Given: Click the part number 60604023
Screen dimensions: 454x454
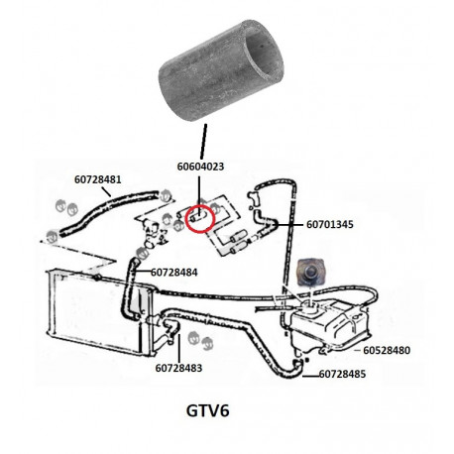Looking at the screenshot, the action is (x=200, y=167).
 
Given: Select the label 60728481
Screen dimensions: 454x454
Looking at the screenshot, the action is (x=98, y=179).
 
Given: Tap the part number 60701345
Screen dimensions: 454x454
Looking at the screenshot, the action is (x=330, y=224).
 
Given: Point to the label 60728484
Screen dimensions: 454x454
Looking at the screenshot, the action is (x=174, y=273).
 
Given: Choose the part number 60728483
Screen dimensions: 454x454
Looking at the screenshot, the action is (x=178, y=368).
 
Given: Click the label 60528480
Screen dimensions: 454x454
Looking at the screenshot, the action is (x=387, y=350).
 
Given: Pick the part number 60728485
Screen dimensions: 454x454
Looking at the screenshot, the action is (x=342, y=374).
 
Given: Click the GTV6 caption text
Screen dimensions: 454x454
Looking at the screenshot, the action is (x=208, y=411).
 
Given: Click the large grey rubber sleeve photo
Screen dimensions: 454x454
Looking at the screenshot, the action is (x=221, y=70).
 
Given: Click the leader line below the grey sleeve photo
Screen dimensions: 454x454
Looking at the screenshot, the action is (x=203, y=142).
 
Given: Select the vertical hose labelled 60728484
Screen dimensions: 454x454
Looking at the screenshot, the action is (x=130, y=289).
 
